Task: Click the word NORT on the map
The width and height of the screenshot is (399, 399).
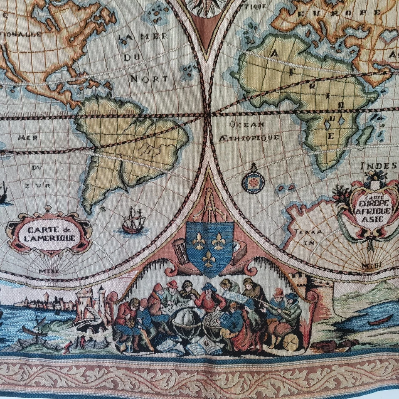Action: (149, 78)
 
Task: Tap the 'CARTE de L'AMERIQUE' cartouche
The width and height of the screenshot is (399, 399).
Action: (49, 234)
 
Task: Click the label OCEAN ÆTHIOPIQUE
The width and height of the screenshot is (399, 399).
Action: (248, 131)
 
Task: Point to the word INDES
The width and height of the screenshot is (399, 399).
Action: (378, 166)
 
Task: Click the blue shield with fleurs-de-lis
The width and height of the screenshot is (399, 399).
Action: (209, 247)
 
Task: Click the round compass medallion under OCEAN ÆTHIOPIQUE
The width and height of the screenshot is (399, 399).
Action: (253, 181)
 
